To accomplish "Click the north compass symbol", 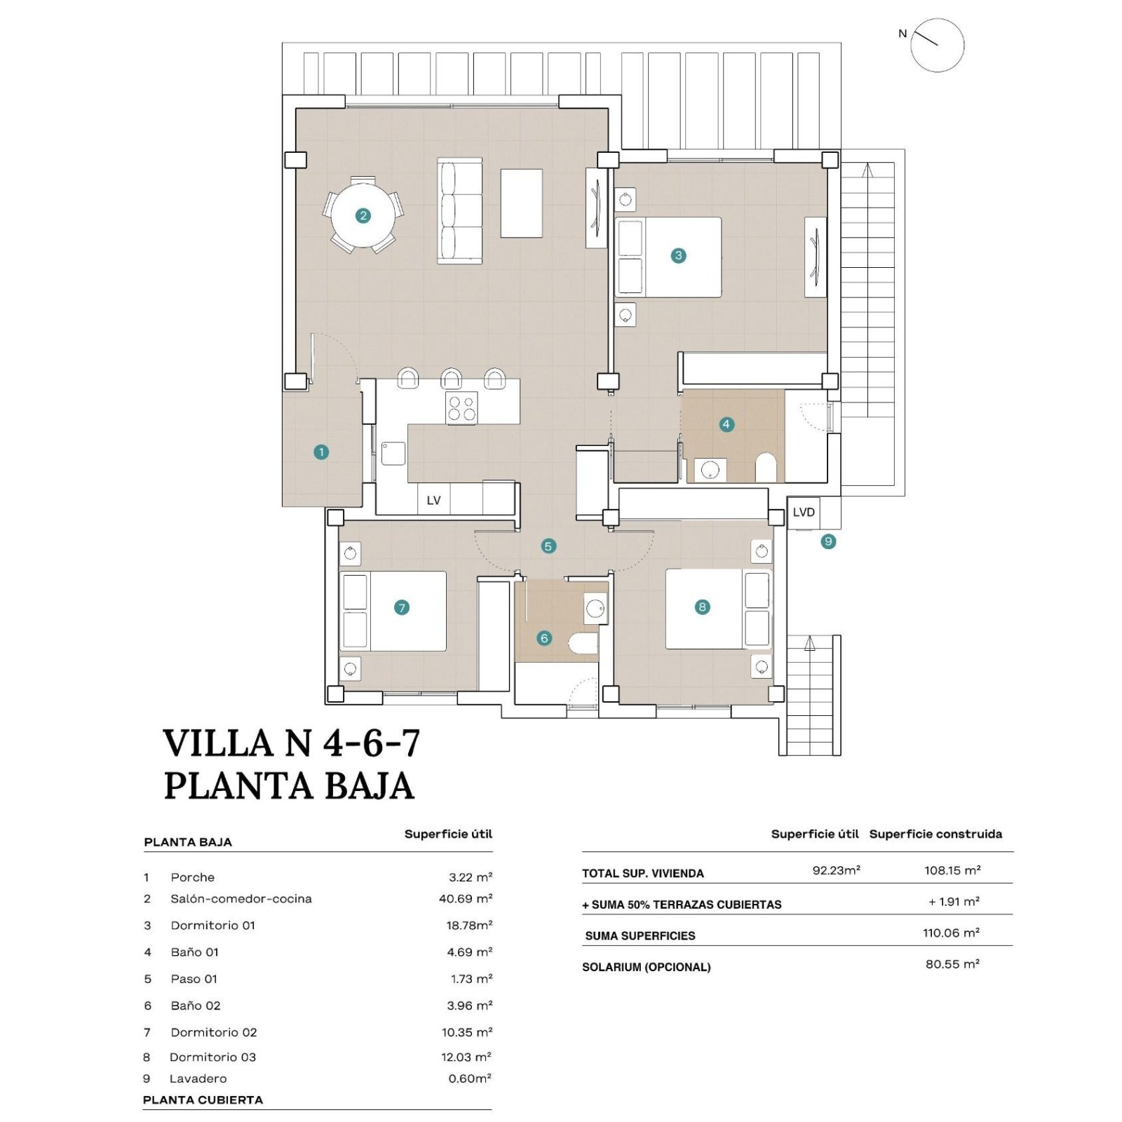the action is [x=937, y=45].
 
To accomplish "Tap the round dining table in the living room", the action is [x=363, y=215].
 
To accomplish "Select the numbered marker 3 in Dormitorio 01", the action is [x=678, y=255].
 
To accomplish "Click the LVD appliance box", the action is [x=804, y=512].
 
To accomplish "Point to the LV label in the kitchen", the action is [x=433, y=501].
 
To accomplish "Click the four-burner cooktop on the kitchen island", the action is [x=462, y=408].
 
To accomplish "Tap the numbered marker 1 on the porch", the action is [x=321, y=452].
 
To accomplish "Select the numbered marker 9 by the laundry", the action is [x=828, y=541].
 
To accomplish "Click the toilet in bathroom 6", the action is [x=583, y=643].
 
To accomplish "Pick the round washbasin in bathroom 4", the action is [x=710, y=470].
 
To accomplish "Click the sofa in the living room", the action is [x=460, y=210].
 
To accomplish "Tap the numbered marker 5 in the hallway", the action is [x=548, y=546].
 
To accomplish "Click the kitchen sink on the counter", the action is [x=393, y=454].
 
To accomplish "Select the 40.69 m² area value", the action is [x=466, y=898].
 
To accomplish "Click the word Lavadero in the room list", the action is [x=198, y=1079].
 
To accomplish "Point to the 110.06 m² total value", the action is [x=951, y=933].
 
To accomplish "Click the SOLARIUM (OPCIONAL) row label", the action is [x=647, y=967].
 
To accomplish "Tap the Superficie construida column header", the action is [x=935, y=834].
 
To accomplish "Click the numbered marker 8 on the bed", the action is [x=702, y=607].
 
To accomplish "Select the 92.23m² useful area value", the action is [x=836, y=870].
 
